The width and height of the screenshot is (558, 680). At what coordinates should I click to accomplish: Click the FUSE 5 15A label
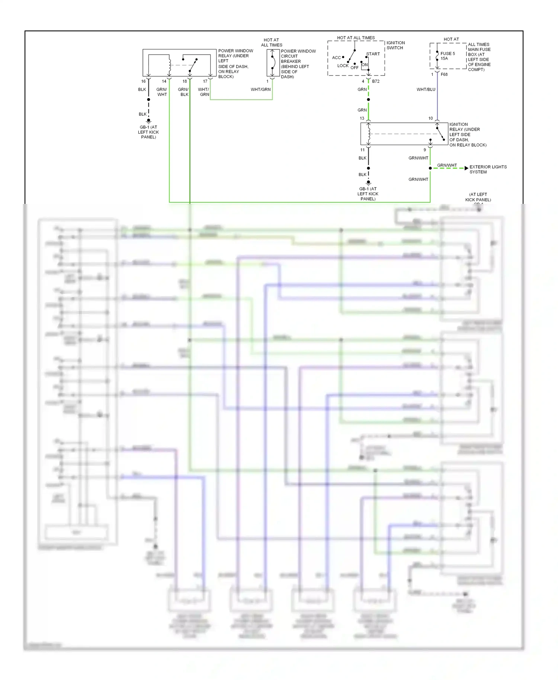click(448, 56)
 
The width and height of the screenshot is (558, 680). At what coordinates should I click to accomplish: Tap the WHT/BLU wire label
click(426, 90)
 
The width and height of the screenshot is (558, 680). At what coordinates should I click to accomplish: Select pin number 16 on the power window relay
click(143, 81)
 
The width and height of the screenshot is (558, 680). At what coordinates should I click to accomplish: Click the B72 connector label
click(376, 81)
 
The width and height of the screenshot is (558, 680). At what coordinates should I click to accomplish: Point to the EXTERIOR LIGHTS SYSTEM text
click(488, 169)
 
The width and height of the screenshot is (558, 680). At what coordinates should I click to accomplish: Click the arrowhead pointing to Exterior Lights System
click(466, 168)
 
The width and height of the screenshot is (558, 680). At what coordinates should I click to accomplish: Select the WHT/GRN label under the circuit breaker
click(260, 90)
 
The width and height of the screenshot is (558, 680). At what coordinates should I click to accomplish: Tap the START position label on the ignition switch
click(373, 54)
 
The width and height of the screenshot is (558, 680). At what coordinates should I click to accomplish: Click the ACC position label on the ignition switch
click(336, 58)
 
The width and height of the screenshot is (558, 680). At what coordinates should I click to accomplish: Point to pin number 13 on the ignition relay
click(362, 118)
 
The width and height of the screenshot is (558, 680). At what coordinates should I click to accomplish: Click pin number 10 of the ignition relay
click(430, 118)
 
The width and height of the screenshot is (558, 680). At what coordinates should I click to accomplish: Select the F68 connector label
click(444, 74)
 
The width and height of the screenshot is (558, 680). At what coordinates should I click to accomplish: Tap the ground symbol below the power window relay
click(148, 121)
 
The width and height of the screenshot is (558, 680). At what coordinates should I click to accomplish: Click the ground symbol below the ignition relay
click(368, 183)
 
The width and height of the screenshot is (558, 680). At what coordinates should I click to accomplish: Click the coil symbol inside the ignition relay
click(369, 134)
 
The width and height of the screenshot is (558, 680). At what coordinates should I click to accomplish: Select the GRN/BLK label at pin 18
click(183, 92)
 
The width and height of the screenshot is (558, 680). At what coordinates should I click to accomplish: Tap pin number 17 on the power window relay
click(205, 81)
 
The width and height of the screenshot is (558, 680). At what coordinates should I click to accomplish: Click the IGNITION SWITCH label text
click(395, 45)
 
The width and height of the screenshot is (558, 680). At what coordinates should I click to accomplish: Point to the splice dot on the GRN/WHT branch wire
click(430, 168)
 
